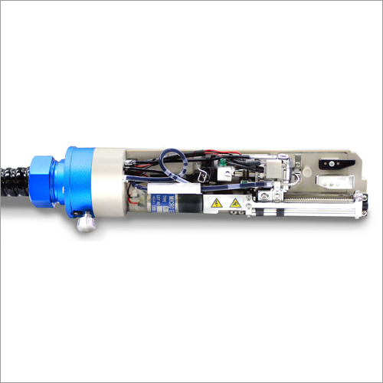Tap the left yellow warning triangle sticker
(x=217, y=203)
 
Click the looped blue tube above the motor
(x=178, y=163)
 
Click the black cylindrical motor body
(x=191, y=202)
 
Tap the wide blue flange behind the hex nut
(x=77, y=182)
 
